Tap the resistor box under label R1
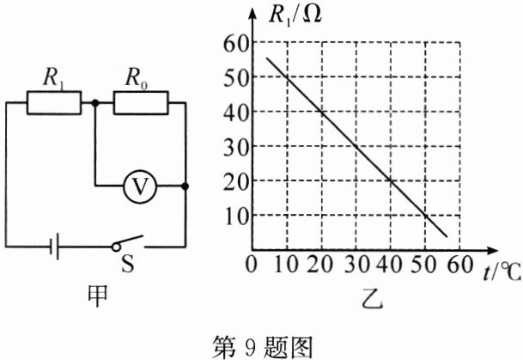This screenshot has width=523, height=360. coord(53,103)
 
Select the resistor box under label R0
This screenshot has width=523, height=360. coord(139,103)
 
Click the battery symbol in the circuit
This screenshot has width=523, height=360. coord(53,247)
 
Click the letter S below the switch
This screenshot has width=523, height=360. coord(128,265)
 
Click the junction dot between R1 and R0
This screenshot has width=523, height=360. coord(94,103)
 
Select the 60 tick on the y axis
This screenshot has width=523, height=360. coord(235,43)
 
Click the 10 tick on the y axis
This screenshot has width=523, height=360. coord(235,215)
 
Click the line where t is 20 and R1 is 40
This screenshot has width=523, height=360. coord(321,112)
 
